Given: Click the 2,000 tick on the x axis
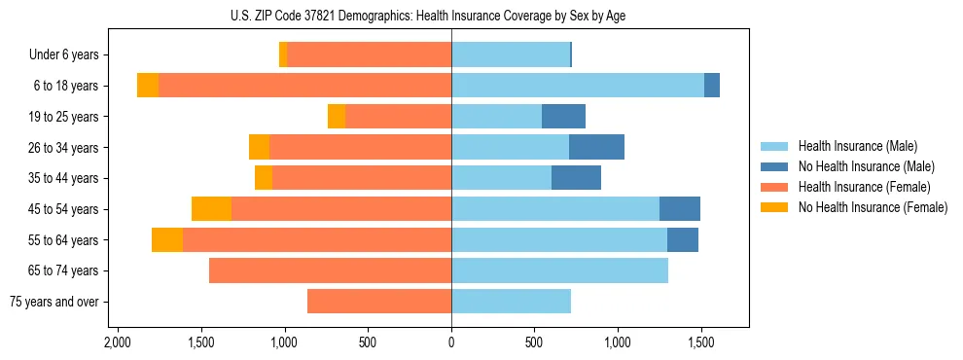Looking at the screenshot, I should [x=117, y=343].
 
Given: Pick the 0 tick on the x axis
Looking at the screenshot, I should [x=451, y=343].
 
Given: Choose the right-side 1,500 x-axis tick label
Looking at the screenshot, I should [x=701, y=343].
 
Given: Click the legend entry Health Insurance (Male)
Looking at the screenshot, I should [x=857, y=146].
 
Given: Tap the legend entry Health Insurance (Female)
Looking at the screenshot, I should [x=864, y=187].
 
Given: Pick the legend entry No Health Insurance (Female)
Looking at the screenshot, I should [x=872, y=207].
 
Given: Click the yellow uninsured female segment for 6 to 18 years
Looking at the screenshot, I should [x=148, y=86].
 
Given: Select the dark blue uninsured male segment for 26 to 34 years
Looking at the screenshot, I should [x=596, y=147].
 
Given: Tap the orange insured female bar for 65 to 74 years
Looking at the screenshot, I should [x=330, y=270].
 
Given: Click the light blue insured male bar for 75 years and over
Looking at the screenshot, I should [x=511, y=302].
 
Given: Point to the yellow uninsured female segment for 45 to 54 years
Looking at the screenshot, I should [x=211, y=209].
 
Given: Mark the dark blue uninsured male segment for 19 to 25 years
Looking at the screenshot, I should [x=563, y=117].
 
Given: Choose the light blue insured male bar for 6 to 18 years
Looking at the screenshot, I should [x=578, y=86].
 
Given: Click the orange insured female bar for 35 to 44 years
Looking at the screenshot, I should [x=361, y=178].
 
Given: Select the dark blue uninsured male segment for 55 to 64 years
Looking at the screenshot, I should [x=683, y=239].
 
